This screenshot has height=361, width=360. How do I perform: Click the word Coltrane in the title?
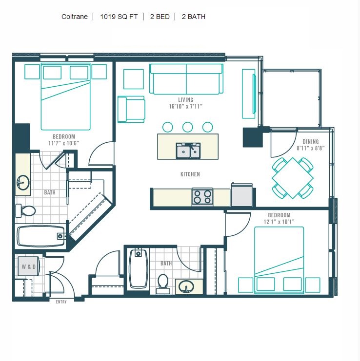(x=75, y=17)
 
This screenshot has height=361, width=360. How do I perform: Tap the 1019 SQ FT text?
(x=119, y=17)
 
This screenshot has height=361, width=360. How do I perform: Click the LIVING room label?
(x=185, y=100)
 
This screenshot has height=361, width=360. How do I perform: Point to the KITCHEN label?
(x=190, y=174)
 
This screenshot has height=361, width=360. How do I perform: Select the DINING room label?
(x=311, y=142)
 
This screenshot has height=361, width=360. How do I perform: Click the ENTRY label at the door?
(x=61, y=302)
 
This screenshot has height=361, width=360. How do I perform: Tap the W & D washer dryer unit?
(x=29, y=266)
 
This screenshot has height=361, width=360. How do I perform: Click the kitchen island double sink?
(x=188, y=151)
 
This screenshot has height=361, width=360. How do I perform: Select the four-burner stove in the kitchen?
(x=202, y=197)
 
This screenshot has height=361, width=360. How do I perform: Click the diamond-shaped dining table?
(x=293, y=178)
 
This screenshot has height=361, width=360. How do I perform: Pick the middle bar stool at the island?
(x=188, y=127)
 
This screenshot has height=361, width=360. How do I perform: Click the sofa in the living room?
(x=186, y=79)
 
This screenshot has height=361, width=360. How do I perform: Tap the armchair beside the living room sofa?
(x=131, y=109)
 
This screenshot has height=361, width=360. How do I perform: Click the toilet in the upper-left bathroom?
(x=25, y=210)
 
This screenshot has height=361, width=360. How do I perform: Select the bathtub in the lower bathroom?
(x=138, y=268)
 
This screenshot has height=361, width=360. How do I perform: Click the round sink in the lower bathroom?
(x=186, y=286)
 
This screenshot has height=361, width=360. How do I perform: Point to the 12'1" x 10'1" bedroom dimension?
(x=279, y=222)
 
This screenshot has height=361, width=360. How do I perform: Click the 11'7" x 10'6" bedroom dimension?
(x=63, y=143)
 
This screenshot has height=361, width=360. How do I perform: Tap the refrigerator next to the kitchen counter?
(x=242, y=195)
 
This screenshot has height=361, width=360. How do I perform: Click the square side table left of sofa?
(x=134, y=79)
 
